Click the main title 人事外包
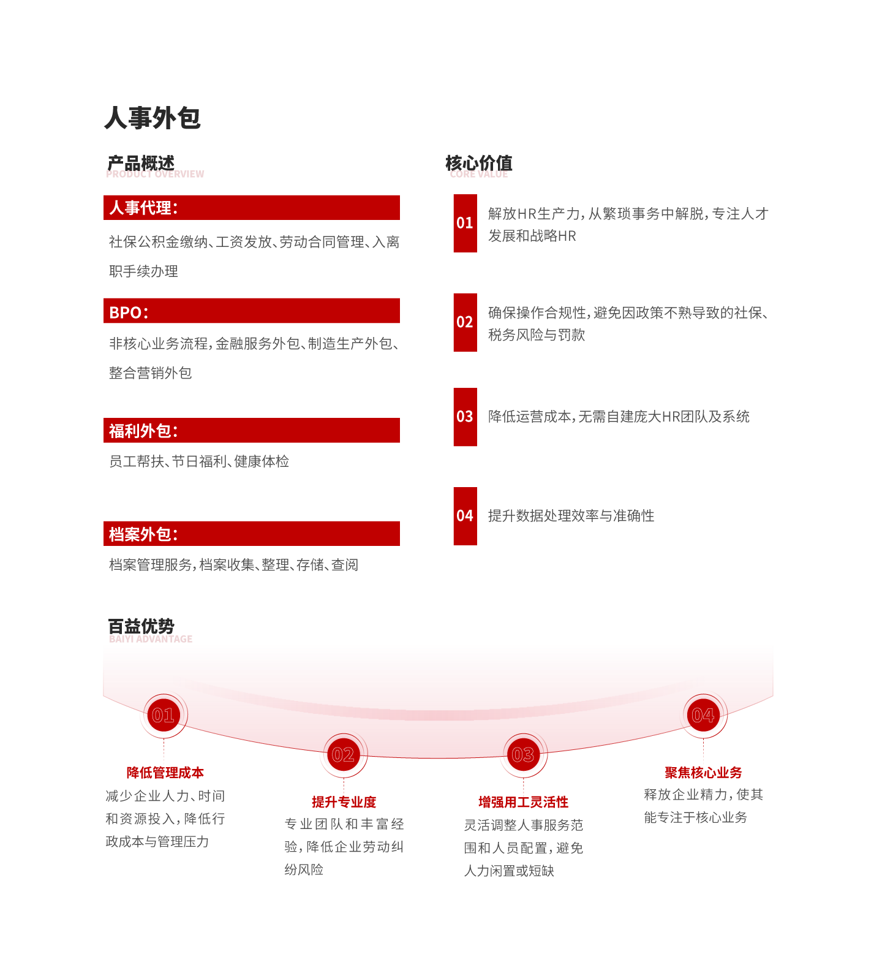[153, 118]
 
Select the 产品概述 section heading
[141, 163]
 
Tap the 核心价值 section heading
[479, 163]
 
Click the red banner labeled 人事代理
[252, 208]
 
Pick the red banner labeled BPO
[252, 311]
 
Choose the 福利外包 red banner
[252, 430]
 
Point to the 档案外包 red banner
[252, 534]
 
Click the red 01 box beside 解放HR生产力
[466, 223]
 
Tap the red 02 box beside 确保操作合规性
[466, 322]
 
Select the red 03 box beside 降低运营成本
[466, 417]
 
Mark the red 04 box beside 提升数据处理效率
[466, 516]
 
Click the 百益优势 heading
[141, 626]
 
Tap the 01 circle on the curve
[164, 715]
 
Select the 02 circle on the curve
[344, 755]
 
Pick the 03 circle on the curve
[523, 755]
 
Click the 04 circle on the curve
[703, 715]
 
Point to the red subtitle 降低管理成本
[165, 773]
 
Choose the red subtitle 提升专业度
[344, 802]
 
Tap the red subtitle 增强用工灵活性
[523, 802]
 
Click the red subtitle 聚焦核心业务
[703, 773]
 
